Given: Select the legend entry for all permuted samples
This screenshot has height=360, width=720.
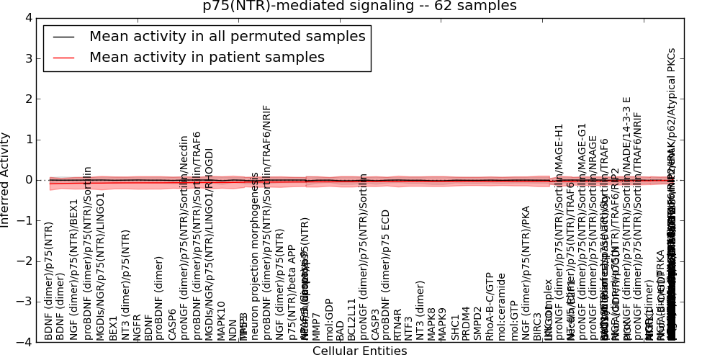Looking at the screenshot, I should click(x=227, y=36).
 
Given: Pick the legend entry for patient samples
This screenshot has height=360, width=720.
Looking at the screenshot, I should click(x=207, y=58).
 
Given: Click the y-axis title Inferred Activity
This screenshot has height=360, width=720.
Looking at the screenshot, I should click(x=6, y=180).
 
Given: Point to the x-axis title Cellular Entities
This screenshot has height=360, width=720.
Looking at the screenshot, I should click(x=359, y=351).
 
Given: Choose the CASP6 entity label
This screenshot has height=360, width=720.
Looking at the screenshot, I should click(x=172, y=324).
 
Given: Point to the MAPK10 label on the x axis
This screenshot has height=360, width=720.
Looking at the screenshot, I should click(x=221, y=320).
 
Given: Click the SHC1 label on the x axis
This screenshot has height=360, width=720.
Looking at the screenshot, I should click(x=455, y=327).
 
